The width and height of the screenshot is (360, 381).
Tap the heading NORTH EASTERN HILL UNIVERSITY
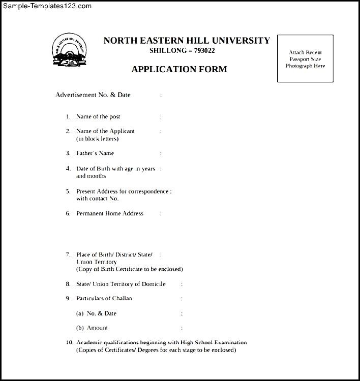(x=187, y=41)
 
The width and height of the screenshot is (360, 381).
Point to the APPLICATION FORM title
(x=179, y=69)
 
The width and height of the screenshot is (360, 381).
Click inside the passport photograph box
(x=305, y=58)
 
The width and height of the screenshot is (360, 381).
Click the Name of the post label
(x=98, y=117)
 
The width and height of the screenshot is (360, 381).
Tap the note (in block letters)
(x=97, y=139)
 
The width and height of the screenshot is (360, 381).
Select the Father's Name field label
(x=95, y=153)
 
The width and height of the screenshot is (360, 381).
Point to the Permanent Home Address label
(x=110, y=213)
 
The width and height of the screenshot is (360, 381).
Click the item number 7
(x=68, y=254)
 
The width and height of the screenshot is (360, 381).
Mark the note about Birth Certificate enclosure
(x=130, y=269)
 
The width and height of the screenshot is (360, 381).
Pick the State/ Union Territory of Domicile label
(x=121, y=284)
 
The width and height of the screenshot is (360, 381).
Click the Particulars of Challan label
(x=104, y=298)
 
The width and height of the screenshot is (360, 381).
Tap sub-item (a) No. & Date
(x=96, y=313)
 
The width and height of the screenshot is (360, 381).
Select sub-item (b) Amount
(x=92, y=328)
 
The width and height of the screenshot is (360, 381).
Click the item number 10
(x=69, y=342)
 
